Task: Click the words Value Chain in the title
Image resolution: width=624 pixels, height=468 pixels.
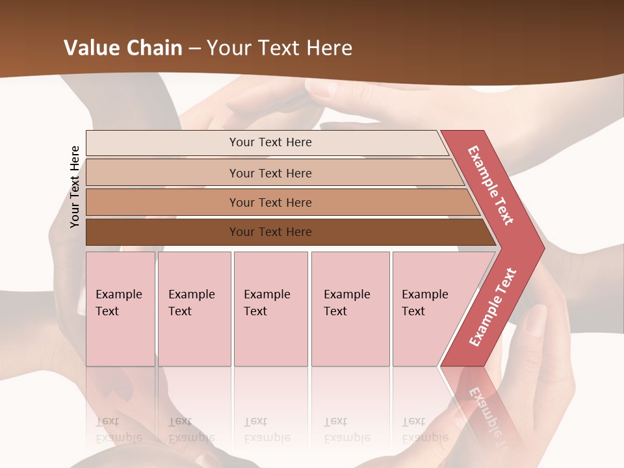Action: (x=123, y=48)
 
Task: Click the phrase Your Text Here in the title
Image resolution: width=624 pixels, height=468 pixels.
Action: (x=279, y=48)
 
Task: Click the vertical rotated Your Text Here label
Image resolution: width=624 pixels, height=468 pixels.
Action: (x=75, y=187)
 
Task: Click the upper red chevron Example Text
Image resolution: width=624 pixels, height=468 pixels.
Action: (x=491, y=185)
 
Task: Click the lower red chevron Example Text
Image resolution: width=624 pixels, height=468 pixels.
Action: (x=492, y=307)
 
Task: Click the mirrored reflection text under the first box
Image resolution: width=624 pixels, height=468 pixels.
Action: (x=119, y=430)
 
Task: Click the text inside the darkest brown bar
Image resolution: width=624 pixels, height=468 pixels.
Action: (x=270, y=232)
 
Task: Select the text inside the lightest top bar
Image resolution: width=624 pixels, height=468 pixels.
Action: (x=270, y=142)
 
